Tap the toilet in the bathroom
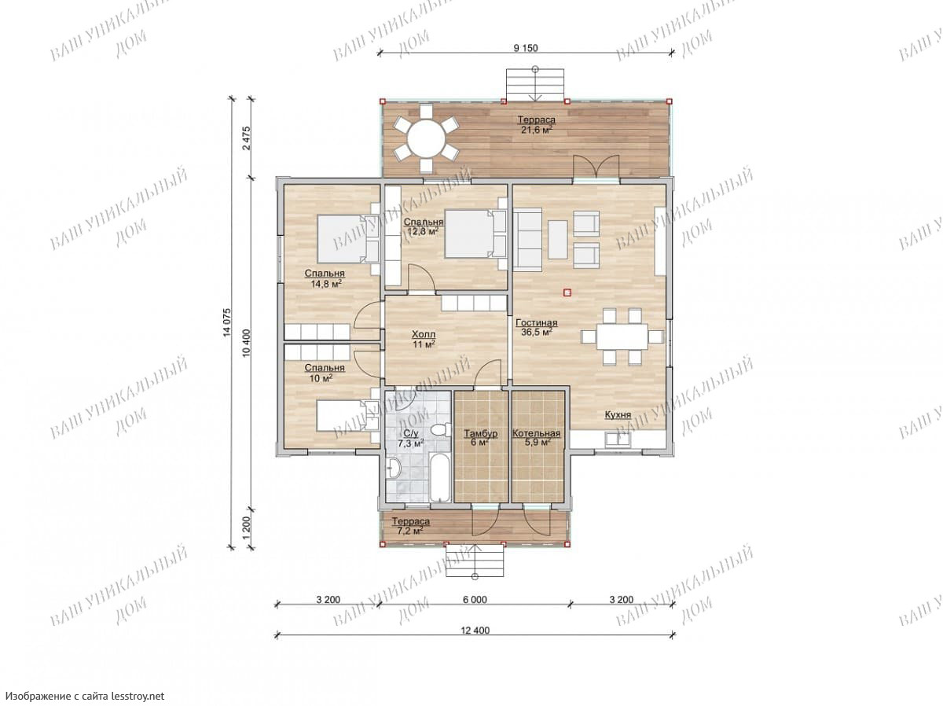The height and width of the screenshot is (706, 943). tap(440, 429)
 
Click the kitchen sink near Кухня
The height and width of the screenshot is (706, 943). tap(618, 440)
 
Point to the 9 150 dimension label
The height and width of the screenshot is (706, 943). tap(525, 48)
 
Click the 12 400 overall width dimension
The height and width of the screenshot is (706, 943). tap(475, 631)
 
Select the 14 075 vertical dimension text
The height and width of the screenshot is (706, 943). tap(227, 322)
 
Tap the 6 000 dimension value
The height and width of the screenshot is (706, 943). tap(475, 599)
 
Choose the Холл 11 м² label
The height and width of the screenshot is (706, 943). tap(424, 339)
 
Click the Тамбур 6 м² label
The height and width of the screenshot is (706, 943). tap(480, 437)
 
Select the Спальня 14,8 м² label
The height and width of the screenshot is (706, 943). tap(325, 278)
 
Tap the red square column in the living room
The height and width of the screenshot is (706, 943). tap(567, 293)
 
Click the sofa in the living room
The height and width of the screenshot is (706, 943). tap(528, 240)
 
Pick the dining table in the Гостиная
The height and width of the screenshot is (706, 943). tap(622, 336)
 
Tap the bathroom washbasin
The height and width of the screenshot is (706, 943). tap(393, 467)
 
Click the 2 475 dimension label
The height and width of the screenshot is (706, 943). tap(247, 138)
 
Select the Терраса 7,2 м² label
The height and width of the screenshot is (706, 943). tap(410, 526)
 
